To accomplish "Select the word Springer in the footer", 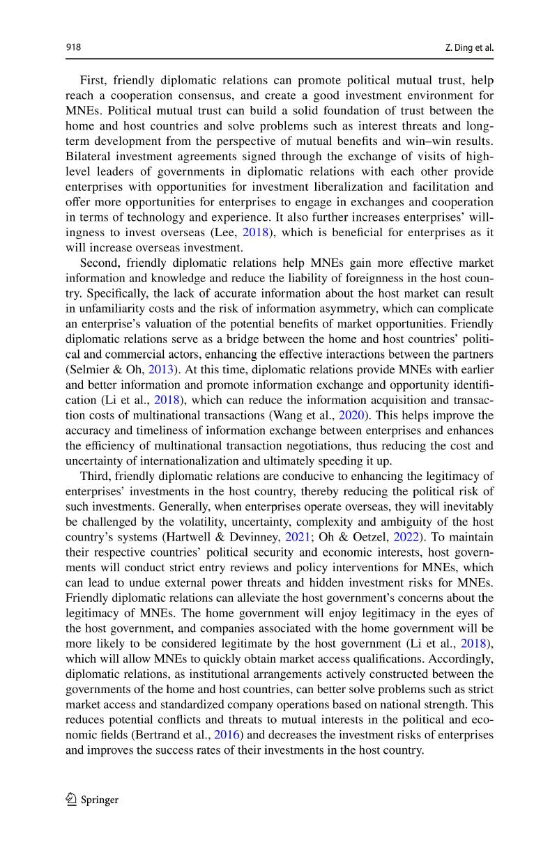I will click(100, 800).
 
